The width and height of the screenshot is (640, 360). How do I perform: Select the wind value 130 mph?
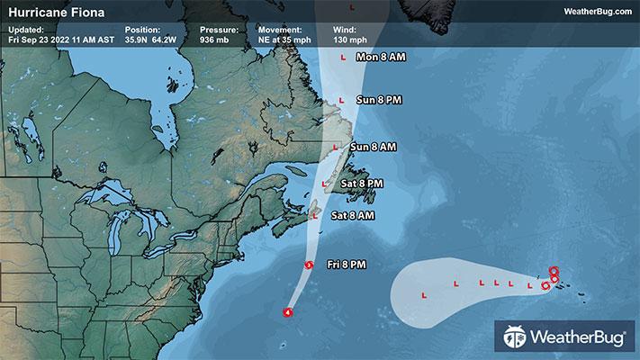tap(350, 40)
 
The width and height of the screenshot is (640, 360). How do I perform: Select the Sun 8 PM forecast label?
tap(379, 99)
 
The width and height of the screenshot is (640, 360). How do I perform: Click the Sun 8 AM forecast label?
tap(373, 146)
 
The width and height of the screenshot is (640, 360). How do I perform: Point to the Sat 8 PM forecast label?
tap(363, 183)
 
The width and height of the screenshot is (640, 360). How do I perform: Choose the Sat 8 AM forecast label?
tap(353, 216)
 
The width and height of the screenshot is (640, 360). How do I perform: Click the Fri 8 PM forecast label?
tap(347, 264)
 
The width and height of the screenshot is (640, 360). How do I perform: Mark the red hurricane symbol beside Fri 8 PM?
tap(309, 265)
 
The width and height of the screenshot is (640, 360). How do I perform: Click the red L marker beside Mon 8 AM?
tap(342, 58)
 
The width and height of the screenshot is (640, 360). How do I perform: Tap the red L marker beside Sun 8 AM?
tap(336, 147)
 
